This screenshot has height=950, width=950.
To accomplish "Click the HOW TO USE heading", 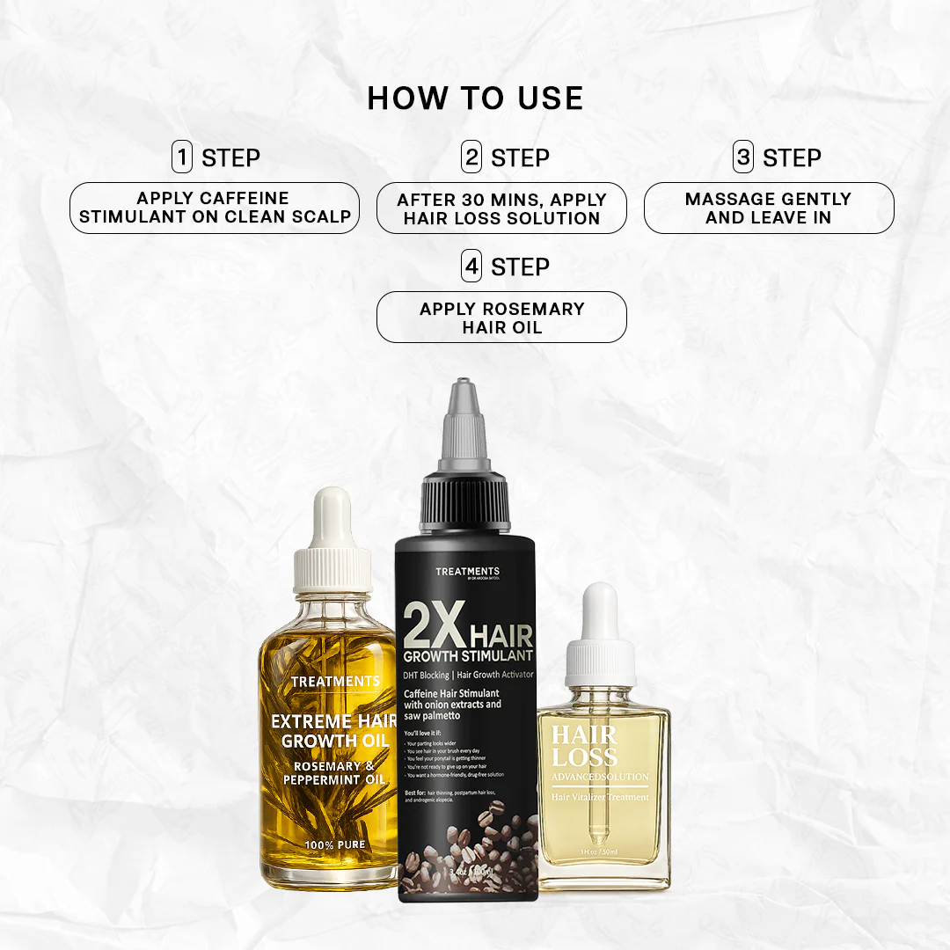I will (475, 98).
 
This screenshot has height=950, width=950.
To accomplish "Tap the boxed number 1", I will (182, 157).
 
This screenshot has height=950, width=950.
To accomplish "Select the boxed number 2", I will (472, 157).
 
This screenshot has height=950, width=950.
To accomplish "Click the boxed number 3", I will (744, 157).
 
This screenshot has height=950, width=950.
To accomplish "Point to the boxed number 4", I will (472, 267).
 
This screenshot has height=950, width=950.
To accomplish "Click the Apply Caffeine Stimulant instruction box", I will (215, 208).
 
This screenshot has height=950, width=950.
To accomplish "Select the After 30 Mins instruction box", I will (501, 208).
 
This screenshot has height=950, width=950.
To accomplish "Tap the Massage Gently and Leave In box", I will (768, 208).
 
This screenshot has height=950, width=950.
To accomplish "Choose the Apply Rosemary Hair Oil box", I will (501, 318).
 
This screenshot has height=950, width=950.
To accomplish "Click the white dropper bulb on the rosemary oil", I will (332, 515).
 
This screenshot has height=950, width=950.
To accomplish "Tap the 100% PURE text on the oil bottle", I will (334, 844).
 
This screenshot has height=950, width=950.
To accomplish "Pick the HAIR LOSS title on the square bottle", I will (584, 747).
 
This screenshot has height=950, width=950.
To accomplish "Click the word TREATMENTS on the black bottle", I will (467, 572).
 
